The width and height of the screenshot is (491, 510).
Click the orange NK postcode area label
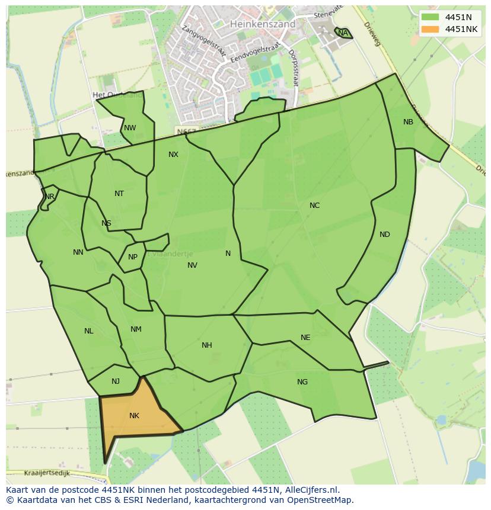tap(134, 416)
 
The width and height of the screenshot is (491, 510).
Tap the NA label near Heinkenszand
tap(343, 33)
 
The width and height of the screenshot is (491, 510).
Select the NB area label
tap(408, 122)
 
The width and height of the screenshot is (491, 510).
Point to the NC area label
tap(314, 206)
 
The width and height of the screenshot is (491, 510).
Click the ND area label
tap(385, 235)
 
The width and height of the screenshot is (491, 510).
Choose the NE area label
tap(305, 338)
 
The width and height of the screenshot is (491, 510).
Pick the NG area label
tap(302, 382)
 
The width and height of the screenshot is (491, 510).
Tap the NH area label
tap(206, 345)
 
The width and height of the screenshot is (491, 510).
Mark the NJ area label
tap(116, 381)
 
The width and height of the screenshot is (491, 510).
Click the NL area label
tap(89, 331)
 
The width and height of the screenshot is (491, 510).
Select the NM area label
tap(136, 329)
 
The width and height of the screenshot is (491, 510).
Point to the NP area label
tap(133, 257)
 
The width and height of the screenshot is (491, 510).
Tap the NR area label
tap(50, 197)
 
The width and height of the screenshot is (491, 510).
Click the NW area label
tap(130, 128)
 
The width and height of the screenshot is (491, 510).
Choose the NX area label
tap(173, 155)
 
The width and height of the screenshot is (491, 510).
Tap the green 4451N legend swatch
tap(430, 17)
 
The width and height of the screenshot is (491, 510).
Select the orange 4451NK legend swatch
tap(430, 29)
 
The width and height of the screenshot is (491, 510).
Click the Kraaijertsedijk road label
tap(47, 473)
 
